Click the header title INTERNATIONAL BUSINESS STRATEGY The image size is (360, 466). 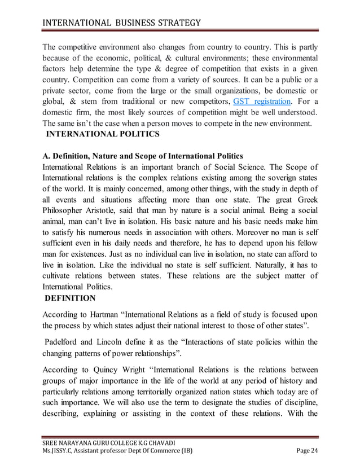pos(121,23)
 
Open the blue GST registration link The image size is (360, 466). pos(262,102)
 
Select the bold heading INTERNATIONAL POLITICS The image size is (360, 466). pos(100,134)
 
